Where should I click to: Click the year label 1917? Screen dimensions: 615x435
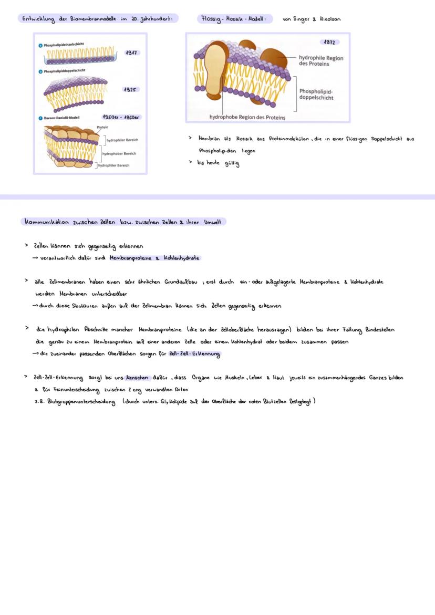click(131, 53)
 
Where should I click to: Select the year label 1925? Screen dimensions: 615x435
click(130, 89)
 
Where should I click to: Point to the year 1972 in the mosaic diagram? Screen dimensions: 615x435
click(328, 42)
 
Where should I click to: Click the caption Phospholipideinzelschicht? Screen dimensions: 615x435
click(64, 45)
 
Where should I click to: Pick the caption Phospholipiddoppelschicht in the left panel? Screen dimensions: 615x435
click(65, 70)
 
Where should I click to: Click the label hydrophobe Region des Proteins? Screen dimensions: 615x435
click(247, 117)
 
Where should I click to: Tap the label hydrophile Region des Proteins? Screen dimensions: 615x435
click(320, 60)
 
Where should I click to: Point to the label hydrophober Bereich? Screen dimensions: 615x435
click(119, 154)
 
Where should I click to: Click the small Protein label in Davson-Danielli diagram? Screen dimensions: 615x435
click(102, 127)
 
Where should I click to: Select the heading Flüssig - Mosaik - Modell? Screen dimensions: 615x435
click(235, 19)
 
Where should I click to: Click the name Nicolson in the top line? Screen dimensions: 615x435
click(330, 19)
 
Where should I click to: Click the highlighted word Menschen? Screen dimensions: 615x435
click(137, 378)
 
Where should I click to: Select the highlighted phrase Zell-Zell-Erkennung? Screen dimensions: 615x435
click(194, 354)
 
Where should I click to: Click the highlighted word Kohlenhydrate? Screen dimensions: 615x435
click(182, 258)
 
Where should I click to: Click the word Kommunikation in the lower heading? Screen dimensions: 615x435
click(47, 222)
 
